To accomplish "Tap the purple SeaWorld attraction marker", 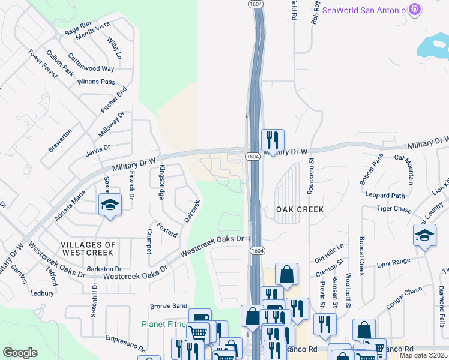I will tap(414, 10).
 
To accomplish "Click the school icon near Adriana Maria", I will tap(110, 206).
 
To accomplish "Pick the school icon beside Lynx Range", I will tap(424, 236).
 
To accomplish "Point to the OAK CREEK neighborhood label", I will tap(300, 209).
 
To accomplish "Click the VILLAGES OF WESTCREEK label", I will tap(88, 248).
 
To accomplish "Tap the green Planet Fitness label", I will tap(164, 324).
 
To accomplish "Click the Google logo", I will tap(20, 352).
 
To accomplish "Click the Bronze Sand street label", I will tap(169, 305).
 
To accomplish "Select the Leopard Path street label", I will tap(385, 194).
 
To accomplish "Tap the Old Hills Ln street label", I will tap(329, 253).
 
